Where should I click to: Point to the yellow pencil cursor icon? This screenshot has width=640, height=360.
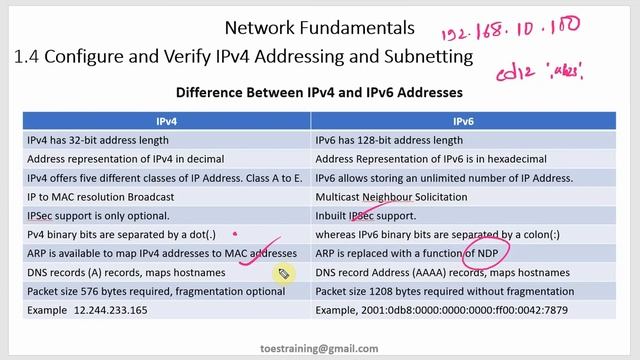[x=283, y=273]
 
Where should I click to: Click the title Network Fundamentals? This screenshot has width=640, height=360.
[x=319, y=26]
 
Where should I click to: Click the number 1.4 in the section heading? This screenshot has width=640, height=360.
[x=27, y=57]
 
